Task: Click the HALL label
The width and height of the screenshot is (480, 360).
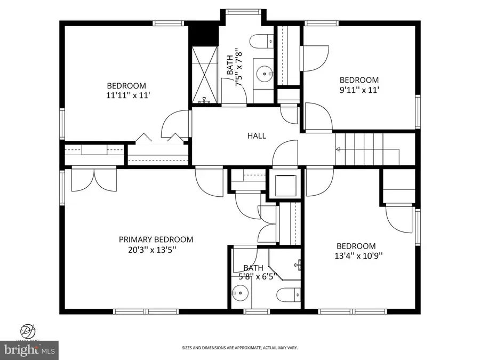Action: [256, 136]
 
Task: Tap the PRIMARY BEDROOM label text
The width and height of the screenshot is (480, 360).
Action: [156, 239]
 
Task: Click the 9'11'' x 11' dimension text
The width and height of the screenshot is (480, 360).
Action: [359, 90]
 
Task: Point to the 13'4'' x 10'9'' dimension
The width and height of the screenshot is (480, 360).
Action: [356, 255]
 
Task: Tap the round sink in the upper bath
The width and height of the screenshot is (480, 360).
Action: [263, 73]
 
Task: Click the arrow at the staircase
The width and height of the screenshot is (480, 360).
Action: [339, 150]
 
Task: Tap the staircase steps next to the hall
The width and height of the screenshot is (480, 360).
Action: [368, 149]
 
